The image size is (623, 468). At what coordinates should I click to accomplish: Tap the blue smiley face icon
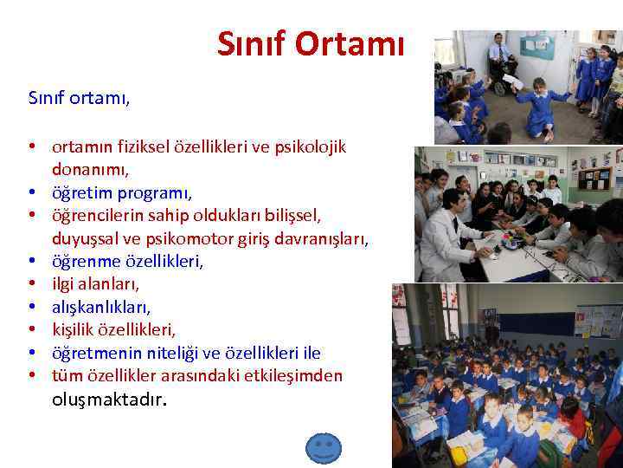click(x=324, y=448)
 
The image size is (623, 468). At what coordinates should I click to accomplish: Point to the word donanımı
click(x=90, y=170)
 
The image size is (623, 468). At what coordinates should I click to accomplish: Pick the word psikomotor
click(x=211, y=237)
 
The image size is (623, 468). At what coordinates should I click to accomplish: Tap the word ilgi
click(x=66, y=283)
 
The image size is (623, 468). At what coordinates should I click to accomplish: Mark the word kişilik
click(x=77, y=329)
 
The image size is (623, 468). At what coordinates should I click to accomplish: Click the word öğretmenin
click(x=95, y=353)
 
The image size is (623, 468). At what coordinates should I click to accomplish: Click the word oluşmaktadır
click(x=108, y=400)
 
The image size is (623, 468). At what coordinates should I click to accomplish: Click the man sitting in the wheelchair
click(x=500, y=57)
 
